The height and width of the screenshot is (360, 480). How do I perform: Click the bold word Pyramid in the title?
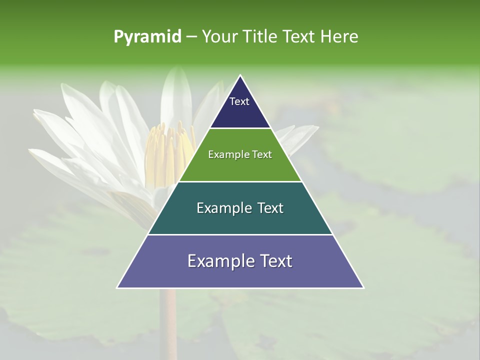(x=147, y=36)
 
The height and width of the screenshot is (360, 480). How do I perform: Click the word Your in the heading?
(x=218, y=36)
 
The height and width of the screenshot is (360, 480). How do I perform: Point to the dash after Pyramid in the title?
(x=191, y=37)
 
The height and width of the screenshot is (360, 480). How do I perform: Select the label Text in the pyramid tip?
(x=239, y=101)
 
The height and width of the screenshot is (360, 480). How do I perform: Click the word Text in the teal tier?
(x=267, y=208)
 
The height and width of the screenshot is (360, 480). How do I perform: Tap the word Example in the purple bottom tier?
(x=218, y=261)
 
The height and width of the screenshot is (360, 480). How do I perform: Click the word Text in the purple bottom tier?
(x=274, y=261)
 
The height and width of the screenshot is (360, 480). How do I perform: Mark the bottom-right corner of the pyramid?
(x=363, y=287)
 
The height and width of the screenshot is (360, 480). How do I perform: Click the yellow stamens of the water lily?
(x=170, y=150)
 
